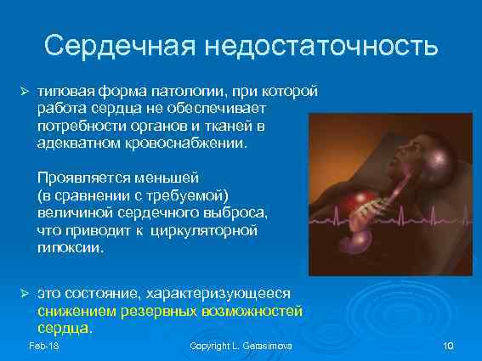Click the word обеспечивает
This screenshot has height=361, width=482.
click(x=220, y=108)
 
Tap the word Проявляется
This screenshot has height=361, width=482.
click(x=81, y=178)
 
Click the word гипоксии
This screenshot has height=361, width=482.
click(x=67, y=247)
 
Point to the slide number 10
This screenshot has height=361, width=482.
click(x=450, y=346)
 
